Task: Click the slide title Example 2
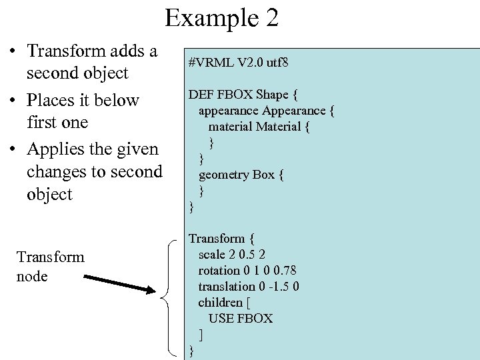[221, 18]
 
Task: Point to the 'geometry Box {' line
[241, 175]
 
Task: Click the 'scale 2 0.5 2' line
[232, 254]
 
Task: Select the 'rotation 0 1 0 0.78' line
[247, 270]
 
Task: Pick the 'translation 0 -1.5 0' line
[249, 286]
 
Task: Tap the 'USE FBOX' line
[241, 318]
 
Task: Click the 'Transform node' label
[50, 266]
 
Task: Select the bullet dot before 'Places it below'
[13, 101]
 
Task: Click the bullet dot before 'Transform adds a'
[13, 51]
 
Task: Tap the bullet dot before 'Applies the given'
[13, 149]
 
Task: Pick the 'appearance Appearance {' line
[266, 110]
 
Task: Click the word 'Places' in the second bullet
[49, 101]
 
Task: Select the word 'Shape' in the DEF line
[272, 94]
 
